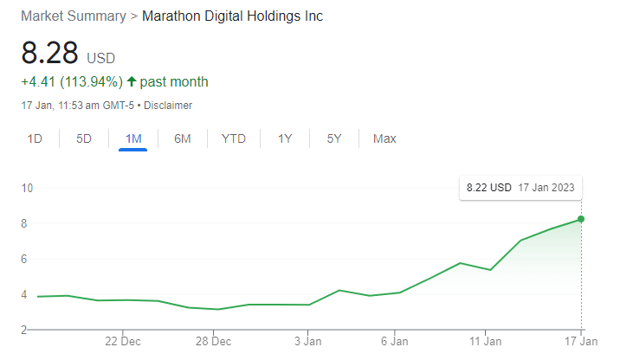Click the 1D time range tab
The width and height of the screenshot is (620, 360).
click(35, 138)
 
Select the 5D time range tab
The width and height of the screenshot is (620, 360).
click(84, 138)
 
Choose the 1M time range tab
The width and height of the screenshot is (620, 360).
click(133, 138)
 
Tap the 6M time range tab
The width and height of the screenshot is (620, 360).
click(182, 138)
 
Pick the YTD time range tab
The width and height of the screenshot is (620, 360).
click(233, 138)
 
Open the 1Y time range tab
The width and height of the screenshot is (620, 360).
click(285, 138)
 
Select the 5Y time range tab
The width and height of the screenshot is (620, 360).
click(334, 138)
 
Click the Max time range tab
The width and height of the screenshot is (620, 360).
click(384, 138)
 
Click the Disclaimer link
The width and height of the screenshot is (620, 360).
click(167, 106)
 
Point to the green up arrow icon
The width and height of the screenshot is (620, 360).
click(132, 82)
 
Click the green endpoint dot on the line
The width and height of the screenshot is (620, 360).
click(581, 219)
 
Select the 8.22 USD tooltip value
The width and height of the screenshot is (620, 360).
click(489, 187)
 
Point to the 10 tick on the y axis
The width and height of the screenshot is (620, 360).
click(27, 188)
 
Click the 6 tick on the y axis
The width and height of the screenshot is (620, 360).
click(27, 259)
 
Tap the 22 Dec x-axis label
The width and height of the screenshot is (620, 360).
click(124, 341)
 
